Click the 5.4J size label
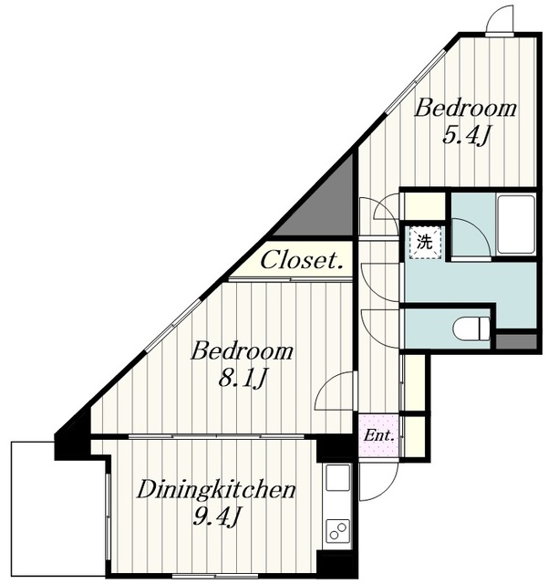pyautogui.click(x=465, y=136)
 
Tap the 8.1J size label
pyautogui.click(x=243, y=379)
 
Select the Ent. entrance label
pyautogui.click(x=378, y=435)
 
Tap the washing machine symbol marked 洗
pyautogui.click(x=425, y=243)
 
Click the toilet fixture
pyautogui.click(x=471, y=328)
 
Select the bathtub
pyautogui.click(x=516, y=224)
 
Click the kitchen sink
pyautogui.click(x=337, y=477)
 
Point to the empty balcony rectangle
pyautogui.click(x=57, y=509)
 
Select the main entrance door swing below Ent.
pyautogui.click(x=378, y=482)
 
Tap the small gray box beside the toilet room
pyautogui.click(x=516, y=341)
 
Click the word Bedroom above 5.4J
pyautogui.click(x=465, y=108)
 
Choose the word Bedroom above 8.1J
pyautogui.click(x=243, y=350)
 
